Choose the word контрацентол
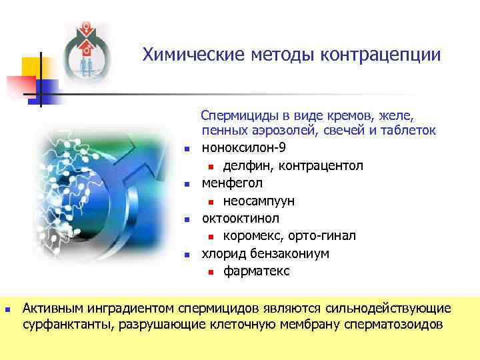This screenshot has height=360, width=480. (x=316, y=165)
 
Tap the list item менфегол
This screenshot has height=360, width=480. (x=232, y=183)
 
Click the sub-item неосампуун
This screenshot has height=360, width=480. (x=259, y=201)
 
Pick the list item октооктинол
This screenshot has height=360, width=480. (x=241, y=218)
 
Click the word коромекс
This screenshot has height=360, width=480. (x=252, y=236)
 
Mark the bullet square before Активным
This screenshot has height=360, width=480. (x=7, y=309)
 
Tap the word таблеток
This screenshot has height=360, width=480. (x=407, y=130)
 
